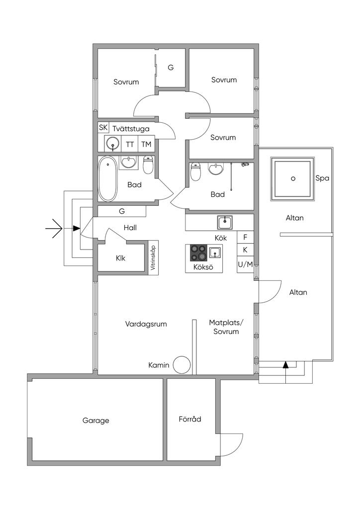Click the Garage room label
(96, 421)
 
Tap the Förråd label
(190, 419)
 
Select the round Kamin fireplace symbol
(181, 364)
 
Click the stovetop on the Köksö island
(199, 253)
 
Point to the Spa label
(322, 178)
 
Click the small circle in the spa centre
(293, 178)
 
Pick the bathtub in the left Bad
(107, 178)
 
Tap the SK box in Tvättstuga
(103, 128)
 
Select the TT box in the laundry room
(130, 144)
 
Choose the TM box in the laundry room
(146, 144)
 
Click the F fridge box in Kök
(246, 237)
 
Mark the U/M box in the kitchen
(246, 264)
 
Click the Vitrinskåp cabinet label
(153, 257)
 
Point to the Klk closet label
(120, 258)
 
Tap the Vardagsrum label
(146, 324)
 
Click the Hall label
(130, 228)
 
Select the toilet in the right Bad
(196, 171)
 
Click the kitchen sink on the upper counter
(225, 222)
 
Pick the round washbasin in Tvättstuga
(113, 144)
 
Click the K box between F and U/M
(246, 250)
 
